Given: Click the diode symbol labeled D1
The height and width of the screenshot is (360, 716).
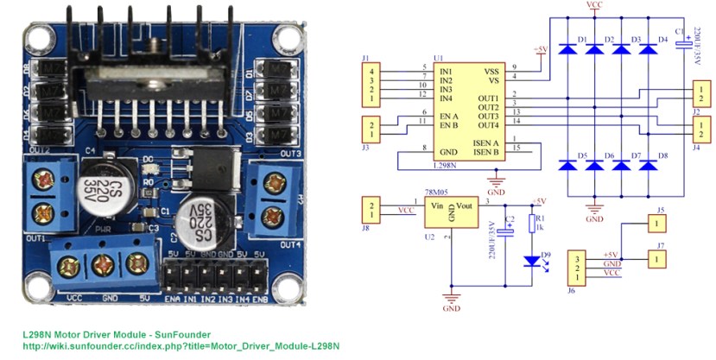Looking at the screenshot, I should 567,48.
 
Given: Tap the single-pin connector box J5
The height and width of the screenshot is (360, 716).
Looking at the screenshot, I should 659,224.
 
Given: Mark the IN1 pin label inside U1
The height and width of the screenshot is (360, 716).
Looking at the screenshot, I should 446,70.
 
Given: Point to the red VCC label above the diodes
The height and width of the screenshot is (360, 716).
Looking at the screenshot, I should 593,5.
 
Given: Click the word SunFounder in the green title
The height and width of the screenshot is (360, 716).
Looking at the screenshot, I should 186,334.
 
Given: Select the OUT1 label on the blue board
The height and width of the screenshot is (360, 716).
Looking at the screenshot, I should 35,237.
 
